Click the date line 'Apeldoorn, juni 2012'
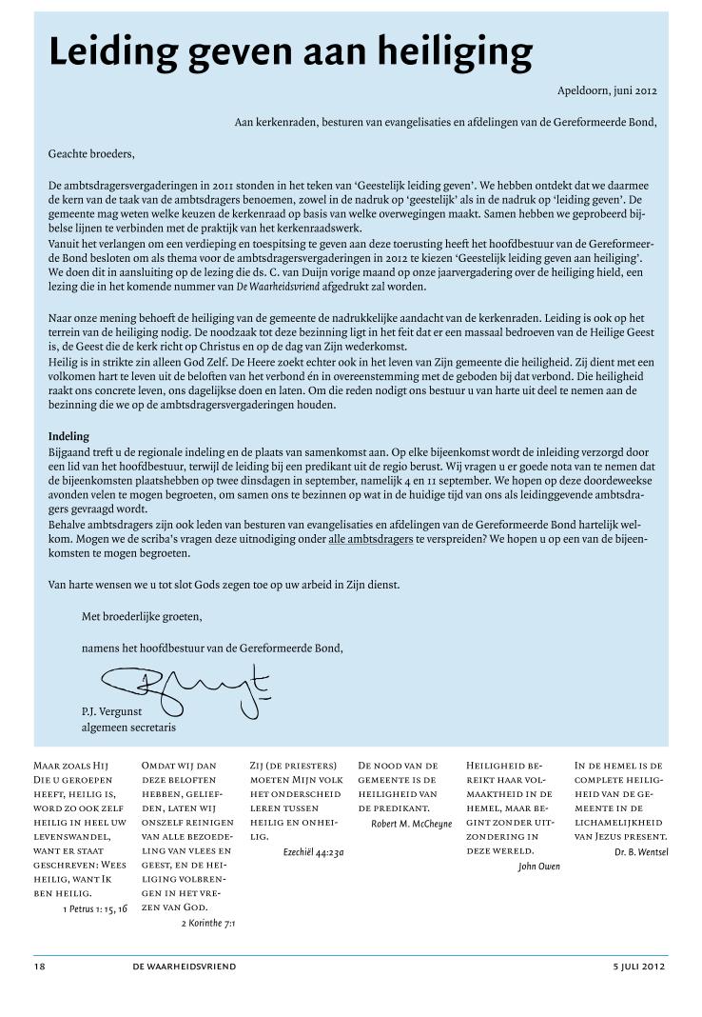click(607, 91)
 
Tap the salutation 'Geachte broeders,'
click(91, 153)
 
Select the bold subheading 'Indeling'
click(68, 437)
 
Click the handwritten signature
click(181, 687)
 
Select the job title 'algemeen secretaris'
click(128, 728)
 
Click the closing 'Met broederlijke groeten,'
click(142, 616)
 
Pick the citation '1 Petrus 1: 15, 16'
click(93, 909)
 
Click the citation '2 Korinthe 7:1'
click(208, 923)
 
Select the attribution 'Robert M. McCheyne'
click(411, 824)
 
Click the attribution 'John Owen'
click(538, 867)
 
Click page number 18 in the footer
click(39, 967)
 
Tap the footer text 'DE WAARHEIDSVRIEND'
click(185, 967)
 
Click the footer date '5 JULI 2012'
click(639, 967)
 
